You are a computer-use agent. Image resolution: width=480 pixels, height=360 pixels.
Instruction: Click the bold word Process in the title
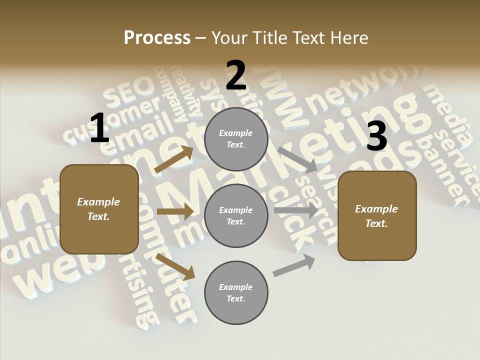[x=157, y=37]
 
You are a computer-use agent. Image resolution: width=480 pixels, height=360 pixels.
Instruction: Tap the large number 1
[x=99, y=128]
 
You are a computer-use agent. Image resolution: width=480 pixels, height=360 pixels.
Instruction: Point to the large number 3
[x=377, y=136]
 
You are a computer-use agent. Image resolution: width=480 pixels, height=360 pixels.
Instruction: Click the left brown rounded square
[x=99, y=209]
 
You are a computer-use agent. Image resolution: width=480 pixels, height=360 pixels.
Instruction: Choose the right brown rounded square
[x=377, y=215]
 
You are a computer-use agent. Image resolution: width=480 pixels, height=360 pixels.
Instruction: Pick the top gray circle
[x=236, y=139]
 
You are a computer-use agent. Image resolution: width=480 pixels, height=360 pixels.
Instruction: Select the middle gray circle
[x=236, y=215]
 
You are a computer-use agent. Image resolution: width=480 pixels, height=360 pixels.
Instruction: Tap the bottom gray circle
[x=236, y=292]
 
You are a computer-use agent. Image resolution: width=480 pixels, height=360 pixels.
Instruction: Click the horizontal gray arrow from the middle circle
[x=295, y=210]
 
